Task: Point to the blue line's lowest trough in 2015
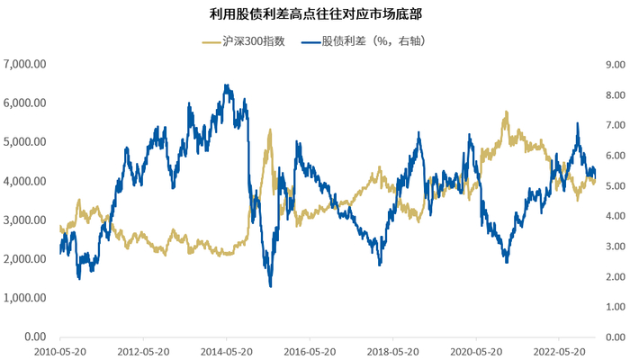[x=271, y=286]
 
